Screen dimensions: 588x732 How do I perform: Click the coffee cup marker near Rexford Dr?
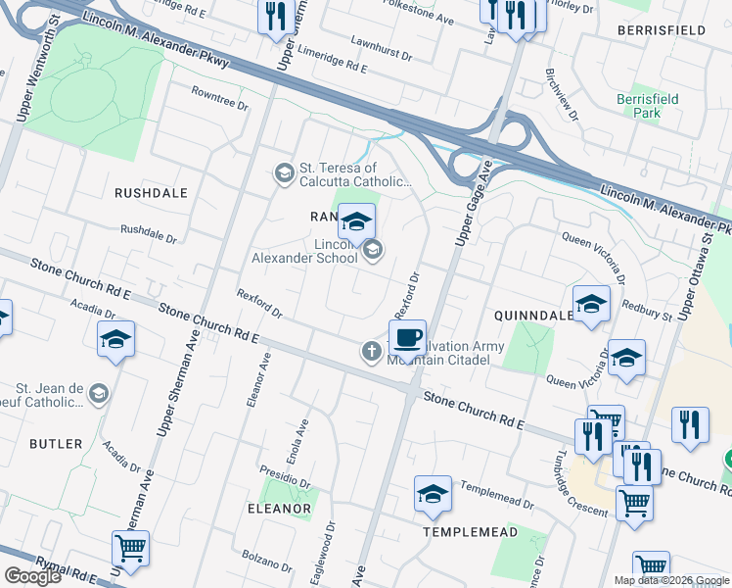click(407, 338)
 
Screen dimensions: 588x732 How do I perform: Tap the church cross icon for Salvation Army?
click(372, 351)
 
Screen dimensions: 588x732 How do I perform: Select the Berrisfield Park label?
click(639, 106)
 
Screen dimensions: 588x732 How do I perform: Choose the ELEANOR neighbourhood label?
click(279, 509)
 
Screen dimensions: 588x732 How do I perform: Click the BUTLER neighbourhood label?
click(56, 444)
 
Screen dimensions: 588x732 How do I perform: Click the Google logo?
click(32, 576)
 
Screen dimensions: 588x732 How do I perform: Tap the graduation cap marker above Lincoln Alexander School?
click(356, 221)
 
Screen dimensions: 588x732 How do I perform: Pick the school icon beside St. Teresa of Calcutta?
click(284, 173)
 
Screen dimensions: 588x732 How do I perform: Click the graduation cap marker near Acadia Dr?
click(115, 339)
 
